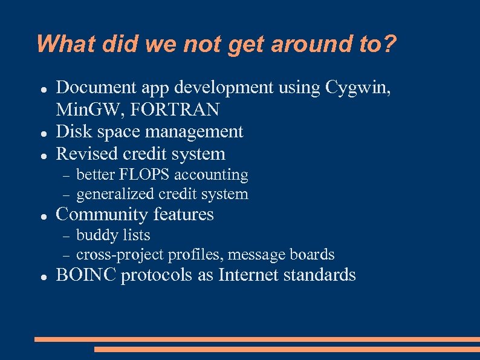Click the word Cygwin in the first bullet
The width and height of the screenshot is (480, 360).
(357, 88)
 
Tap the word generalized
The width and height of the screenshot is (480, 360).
(115, 195)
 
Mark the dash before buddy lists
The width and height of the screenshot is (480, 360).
(66, 236)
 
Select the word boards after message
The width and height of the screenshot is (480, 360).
(312, 255)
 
